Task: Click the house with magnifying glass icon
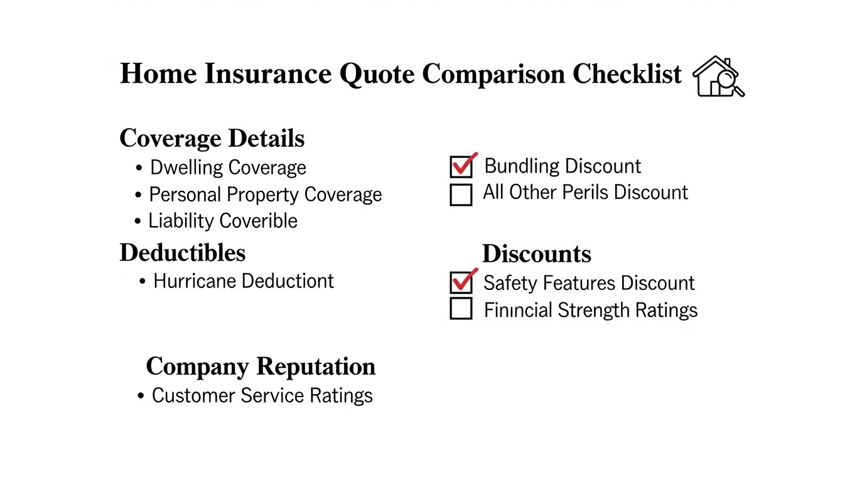coord(718,77)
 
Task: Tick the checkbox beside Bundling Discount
coord(461,167)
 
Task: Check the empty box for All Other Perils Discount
coord(461,195)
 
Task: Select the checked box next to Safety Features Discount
coord(461,282)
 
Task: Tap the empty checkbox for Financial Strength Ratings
coord(461,308)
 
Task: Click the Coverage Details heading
coord(212,139)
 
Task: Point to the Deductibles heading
coord(183,252)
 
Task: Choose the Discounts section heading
coord(536,254)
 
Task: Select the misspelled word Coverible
coord(258,221)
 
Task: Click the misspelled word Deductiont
coord(288,281)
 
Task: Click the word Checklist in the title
coord(627,73)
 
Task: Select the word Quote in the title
coord(377,74)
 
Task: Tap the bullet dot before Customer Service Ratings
coord(141,396)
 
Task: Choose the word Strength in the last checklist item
coord(593,310)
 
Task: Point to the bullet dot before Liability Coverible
coord(137,221)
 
